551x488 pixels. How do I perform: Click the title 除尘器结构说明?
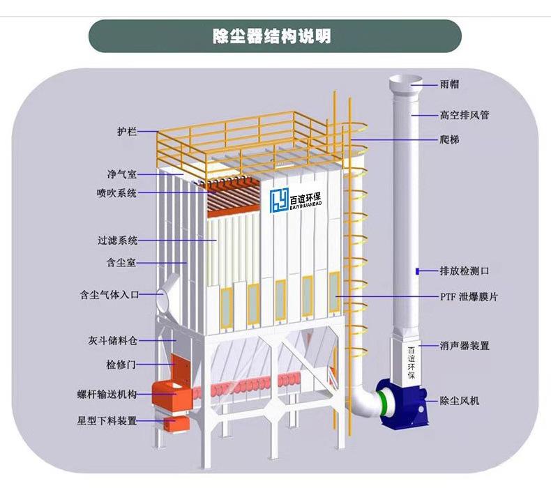275,36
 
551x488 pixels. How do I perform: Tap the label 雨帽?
450,84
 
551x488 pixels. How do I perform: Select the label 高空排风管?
464,114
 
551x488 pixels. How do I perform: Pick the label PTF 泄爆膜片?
468,297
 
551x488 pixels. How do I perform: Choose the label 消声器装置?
464,345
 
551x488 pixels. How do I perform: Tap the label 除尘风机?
459,401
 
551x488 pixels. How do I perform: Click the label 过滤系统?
116,241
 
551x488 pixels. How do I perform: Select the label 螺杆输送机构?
107,395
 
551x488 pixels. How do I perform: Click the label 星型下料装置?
107,421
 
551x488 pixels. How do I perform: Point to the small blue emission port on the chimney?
416,270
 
